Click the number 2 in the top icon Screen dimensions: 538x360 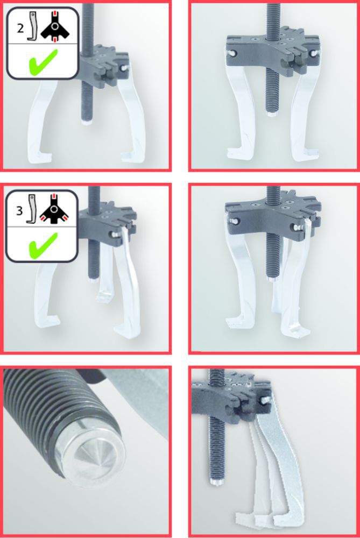coord(20,29)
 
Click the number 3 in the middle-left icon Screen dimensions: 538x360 coord(19,210)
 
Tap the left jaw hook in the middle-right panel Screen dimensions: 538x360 coord(237,323)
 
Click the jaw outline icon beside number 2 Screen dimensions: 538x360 coord(33,28)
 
